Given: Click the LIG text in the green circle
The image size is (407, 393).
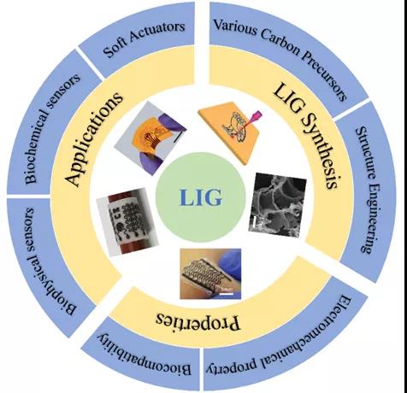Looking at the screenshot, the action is pos(201,197).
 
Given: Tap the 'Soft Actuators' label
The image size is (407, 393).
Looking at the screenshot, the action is pos(145,38).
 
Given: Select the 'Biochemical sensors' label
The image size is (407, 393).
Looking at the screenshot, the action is pos(52,129).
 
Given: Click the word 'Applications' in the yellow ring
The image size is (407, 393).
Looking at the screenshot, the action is pos(94,138).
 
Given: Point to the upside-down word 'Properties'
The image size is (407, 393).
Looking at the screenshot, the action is pos(198,321).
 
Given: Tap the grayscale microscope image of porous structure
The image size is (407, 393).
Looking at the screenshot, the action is pos(277,205).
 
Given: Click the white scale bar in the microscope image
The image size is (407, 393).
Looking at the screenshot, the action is pos(255,222).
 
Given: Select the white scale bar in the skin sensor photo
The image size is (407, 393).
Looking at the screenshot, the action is pos(227,293).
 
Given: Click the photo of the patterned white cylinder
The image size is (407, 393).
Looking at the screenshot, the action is pos(127,222).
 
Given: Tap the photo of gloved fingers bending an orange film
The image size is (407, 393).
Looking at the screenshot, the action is pos(150,138).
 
